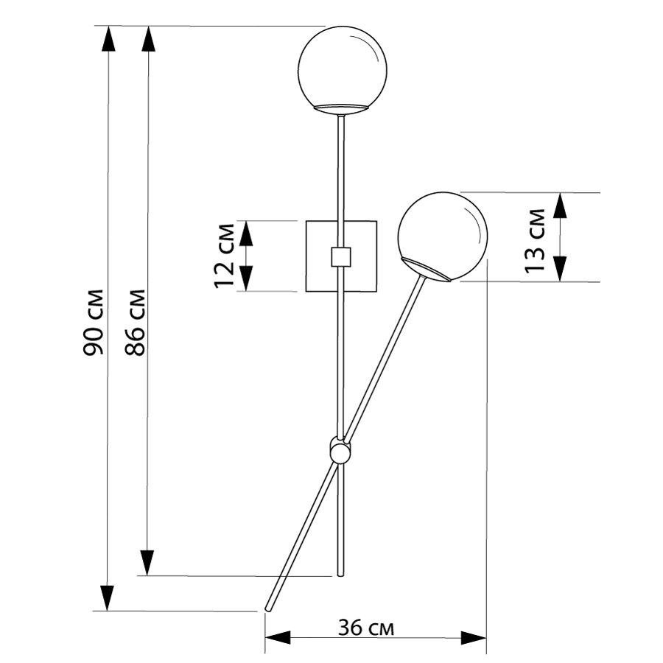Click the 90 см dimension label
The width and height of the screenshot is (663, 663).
click(x=93, y=322)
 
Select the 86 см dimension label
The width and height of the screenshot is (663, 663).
click(x=136, y=322)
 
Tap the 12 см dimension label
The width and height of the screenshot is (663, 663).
click(x=224, y=256)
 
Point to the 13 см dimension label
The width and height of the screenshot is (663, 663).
click(x=535, y=241)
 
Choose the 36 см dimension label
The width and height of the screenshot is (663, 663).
click(x=366, y=628)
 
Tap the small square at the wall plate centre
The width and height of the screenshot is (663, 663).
click(x=341, y=256)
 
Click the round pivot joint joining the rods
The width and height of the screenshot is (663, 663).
click(x=340, y=452)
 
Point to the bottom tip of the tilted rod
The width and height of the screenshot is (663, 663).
click(x=267, y=609)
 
